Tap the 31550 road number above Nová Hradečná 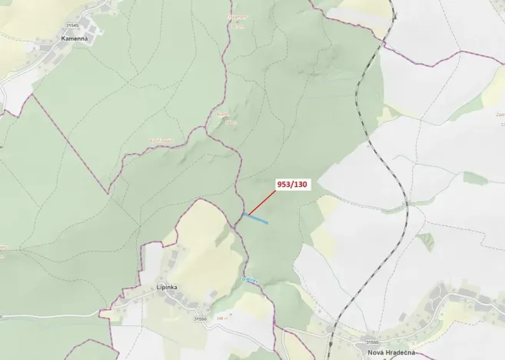[372, 342]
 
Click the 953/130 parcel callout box [291, 185]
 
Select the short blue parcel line [256, 218]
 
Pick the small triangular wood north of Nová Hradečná [425, 241]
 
